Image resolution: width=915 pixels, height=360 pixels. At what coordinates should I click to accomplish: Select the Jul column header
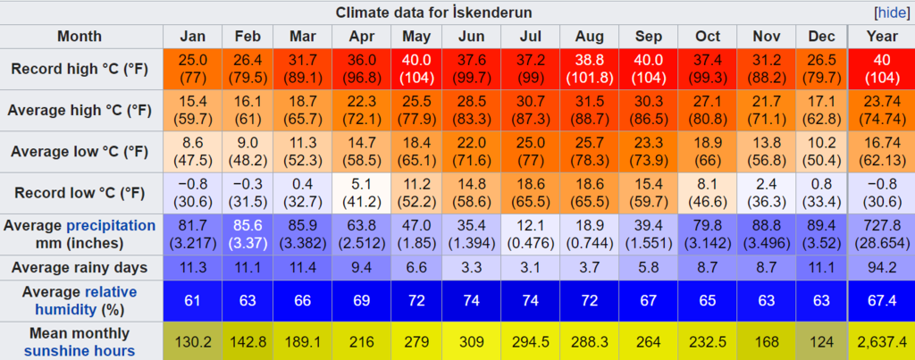pos(530,37)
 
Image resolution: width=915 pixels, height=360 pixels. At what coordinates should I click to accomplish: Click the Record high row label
pos(80,68)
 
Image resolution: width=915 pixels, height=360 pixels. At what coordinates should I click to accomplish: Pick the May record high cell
pos(416,68)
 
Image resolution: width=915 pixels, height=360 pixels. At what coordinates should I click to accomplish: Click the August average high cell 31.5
pos(585,110)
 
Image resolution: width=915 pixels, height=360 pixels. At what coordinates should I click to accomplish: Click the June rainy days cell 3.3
pos(472,266)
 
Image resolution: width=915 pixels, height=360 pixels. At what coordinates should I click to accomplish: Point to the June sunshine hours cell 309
pos(472,342)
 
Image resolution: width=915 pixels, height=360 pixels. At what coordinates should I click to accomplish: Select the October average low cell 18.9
pos(708,152)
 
